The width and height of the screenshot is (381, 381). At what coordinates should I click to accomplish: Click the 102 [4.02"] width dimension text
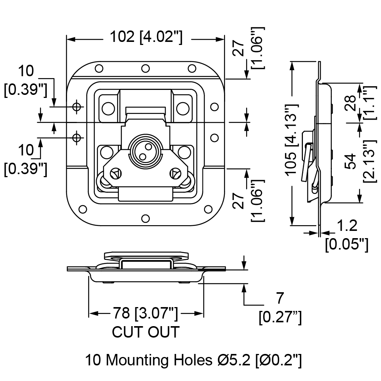click(x=146, y=37)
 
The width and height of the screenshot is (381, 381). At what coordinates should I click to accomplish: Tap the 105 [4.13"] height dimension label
click(x=291, y=140)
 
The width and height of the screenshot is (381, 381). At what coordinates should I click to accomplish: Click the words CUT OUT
click(x=146, y=332)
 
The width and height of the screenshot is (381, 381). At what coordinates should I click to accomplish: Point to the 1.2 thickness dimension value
click(x=347, y=226)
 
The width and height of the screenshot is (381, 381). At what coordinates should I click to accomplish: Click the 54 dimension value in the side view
click(x=350, y=161)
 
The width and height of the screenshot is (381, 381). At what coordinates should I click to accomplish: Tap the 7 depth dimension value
click(x=280, y=298)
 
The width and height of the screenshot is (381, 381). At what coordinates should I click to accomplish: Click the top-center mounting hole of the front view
click(x=145, y=68)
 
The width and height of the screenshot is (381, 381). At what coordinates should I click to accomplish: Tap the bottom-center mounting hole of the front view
click(x=145, y=218)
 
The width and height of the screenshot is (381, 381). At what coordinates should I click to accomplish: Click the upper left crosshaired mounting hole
click(x=77, y=106)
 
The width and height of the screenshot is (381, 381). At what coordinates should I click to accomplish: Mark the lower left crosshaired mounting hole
click(x=77, y=138)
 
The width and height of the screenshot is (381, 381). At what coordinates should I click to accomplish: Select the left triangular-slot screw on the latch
click(x=117, y=173)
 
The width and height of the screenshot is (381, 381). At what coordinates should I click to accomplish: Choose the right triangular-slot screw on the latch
click(x=175, y=173)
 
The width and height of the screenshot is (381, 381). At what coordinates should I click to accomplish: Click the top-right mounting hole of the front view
click(x=192, y=68)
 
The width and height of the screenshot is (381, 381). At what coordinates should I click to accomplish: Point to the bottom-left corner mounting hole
click(x=83, y=209)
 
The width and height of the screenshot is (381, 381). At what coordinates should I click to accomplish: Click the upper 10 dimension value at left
click(x=26, y=71)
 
